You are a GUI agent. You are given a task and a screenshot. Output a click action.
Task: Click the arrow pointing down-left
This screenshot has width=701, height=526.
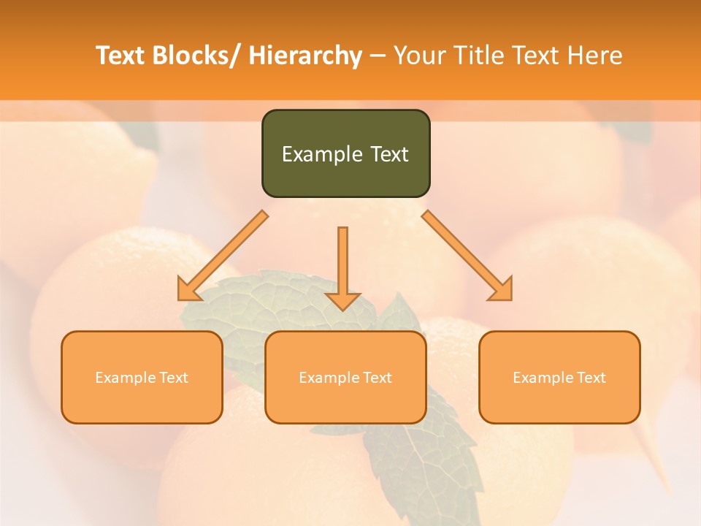point(223,256)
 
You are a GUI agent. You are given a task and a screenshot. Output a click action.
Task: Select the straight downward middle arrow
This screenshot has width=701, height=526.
point(342,263)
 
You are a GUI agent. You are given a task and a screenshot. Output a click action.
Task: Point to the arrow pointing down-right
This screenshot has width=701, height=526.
point(467,256)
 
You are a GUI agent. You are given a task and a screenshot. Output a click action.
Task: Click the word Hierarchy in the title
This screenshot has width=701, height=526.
point(305,56)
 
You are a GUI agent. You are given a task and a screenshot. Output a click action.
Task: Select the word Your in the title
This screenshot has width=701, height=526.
point(419,56)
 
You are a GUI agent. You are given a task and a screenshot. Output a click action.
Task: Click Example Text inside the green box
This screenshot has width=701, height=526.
point(345,154)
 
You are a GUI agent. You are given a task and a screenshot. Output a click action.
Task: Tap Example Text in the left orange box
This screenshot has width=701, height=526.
point(142,378)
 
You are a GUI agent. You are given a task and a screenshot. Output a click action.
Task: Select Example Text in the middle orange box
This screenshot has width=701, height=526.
point(345,378)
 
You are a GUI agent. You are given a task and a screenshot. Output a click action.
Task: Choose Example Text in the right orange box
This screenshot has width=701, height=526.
point(559,378)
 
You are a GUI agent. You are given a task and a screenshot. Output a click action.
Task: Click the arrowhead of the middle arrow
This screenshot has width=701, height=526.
point(342,301)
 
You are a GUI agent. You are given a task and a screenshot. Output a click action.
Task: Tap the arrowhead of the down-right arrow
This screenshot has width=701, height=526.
point(502,290)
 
